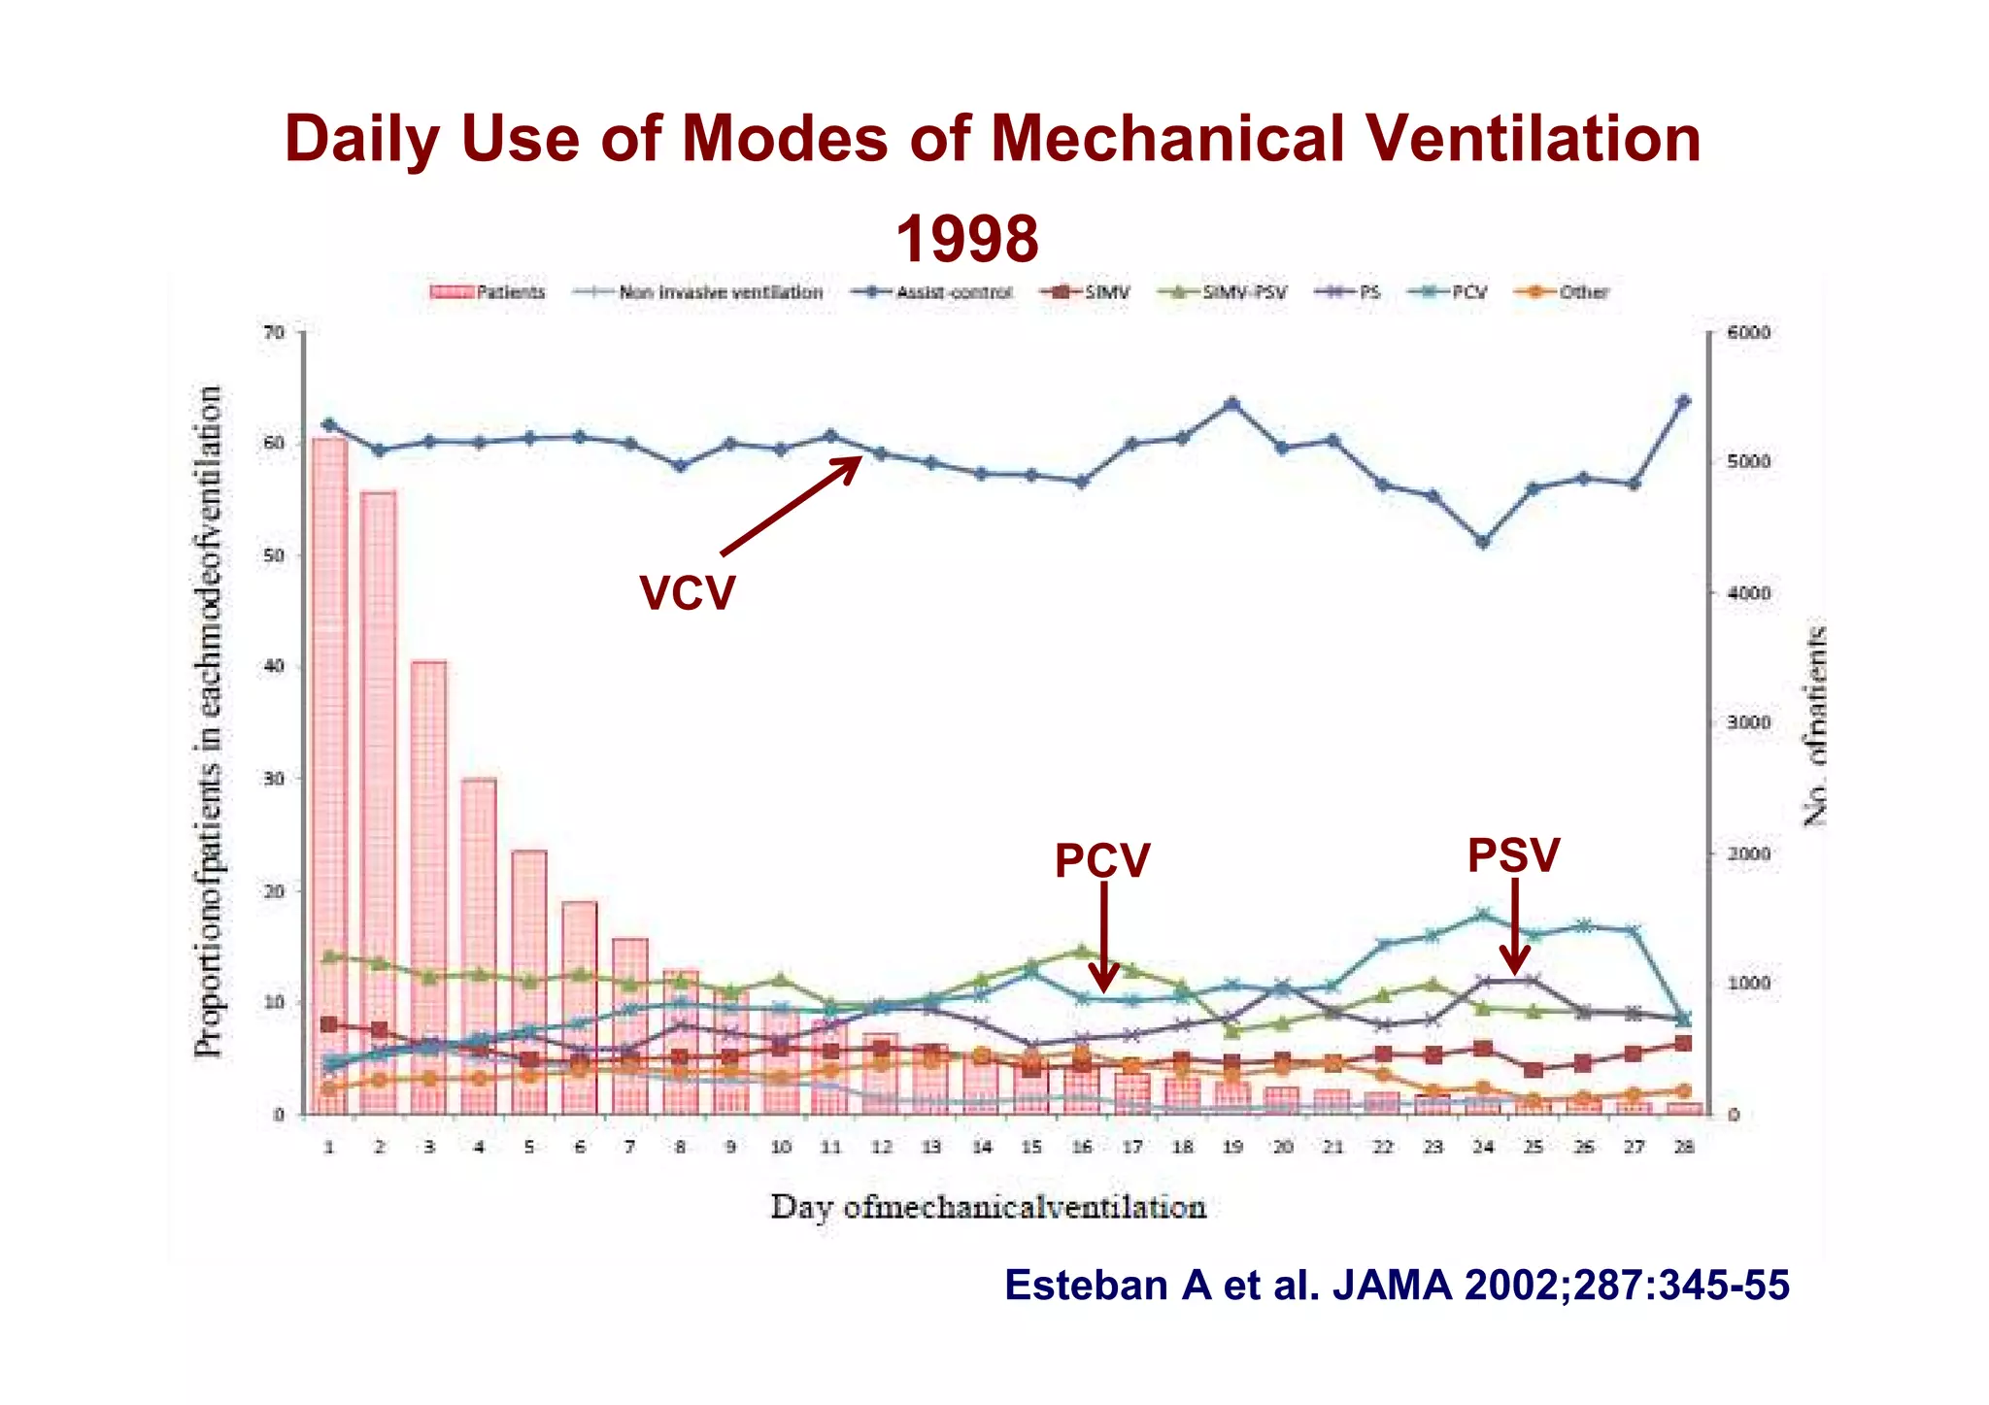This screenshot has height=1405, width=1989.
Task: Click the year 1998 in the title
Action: click(966, 239)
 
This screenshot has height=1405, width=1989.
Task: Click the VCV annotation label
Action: click(687, 592)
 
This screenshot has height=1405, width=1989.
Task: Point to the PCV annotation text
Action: click(1101, 860)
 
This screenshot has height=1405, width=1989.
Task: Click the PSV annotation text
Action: click(1513, 855)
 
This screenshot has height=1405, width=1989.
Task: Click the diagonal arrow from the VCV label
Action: click(792, 506)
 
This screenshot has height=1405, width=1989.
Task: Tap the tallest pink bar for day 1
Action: click(329, 777)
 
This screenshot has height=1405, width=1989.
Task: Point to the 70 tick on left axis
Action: click(275, 333)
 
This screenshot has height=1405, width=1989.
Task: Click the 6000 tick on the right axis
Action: click(1748, 333)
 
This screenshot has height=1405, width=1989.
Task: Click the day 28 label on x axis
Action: click(1684, 1147)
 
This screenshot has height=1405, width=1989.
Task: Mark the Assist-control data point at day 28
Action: click(1684, 401)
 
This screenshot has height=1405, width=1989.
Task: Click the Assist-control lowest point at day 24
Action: click(1483, 542)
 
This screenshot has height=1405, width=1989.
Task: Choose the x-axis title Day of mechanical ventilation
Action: click(988, 1207)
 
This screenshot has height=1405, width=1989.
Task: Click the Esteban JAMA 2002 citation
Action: click(1396, 1285)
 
